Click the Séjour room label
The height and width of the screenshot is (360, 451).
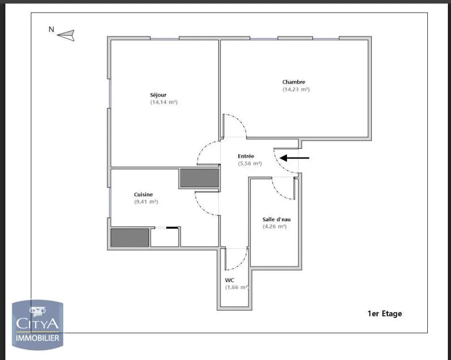[x=158, y=95]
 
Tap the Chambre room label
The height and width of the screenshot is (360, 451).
[x=294, y=82]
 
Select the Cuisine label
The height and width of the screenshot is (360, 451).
[x=143, y=194]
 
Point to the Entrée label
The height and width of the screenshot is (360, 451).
[x=246, y=156]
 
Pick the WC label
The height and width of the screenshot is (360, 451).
[x=229, y=280]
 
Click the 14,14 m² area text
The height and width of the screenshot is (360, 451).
[x=164, y=102]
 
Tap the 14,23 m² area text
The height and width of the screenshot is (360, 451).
[x=296, y=89]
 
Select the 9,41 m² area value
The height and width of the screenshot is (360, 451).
[x=146, y=202]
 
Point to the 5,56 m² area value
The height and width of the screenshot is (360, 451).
[x=250, y=164]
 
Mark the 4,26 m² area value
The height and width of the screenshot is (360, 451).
[x=274, y=226]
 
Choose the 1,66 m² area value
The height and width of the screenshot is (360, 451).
[x=237, y=287]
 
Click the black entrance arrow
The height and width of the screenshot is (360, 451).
[x=294, y=158]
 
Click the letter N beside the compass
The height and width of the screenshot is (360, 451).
[x=51, y=30]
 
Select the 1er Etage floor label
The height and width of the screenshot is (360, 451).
[x=384, y=314]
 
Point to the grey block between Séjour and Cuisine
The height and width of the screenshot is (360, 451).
[x=199, y=178]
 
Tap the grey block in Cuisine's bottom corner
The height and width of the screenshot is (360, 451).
[x=130, y=238]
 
